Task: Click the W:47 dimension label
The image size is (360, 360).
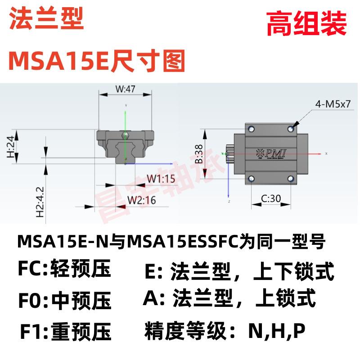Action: (125, 90)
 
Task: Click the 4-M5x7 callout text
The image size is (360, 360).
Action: (333, 105)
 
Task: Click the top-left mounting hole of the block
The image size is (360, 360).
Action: (251, 130)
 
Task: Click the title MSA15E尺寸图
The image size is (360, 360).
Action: (96, 60)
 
